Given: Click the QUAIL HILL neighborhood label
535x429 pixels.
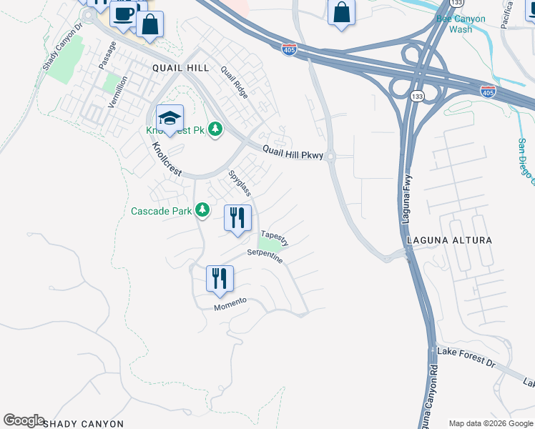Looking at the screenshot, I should (x=180, y=67).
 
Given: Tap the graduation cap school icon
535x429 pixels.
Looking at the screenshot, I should (x=170, y=118).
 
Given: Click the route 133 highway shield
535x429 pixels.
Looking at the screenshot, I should (x=416, y=95).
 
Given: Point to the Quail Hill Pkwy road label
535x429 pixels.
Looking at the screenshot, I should (x=293, y=152).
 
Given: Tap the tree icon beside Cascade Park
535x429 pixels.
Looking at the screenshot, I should (x=203, y=209).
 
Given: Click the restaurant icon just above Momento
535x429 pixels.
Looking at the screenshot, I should (x=220, y=277).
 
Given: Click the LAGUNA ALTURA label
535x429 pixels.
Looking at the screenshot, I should (x=449, y=240).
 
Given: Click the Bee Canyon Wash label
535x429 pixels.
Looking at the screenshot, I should (x=460, y=24).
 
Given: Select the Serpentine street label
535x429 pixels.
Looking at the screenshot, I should (x=265, y=256).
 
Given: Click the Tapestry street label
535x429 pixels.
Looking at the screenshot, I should (x=275, y=237).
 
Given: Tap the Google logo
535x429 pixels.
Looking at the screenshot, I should (x=24, y=420).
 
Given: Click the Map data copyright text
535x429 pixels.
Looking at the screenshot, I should (x=491, y=423).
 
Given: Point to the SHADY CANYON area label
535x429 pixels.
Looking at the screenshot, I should (x=84, y=424).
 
